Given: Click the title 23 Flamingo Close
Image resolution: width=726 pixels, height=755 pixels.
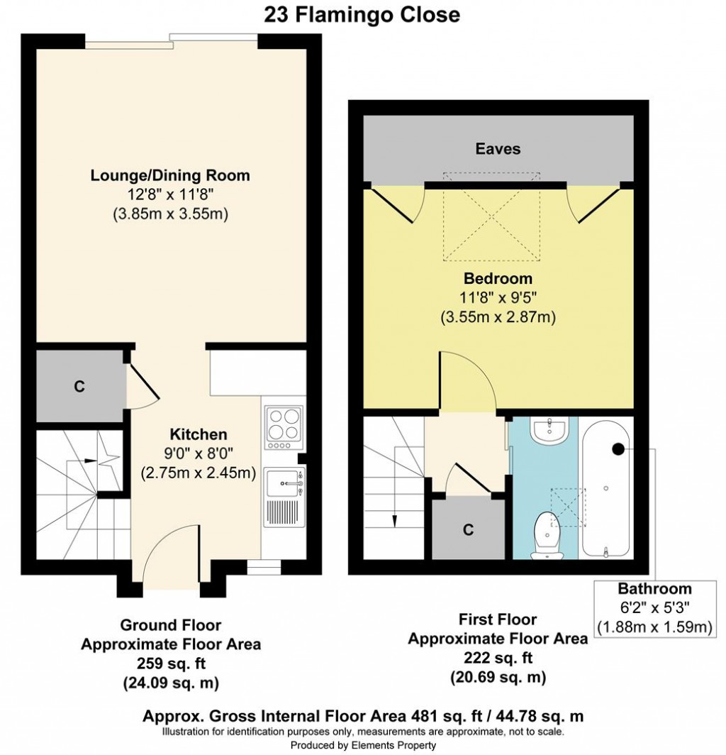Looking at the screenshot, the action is pos(362,14).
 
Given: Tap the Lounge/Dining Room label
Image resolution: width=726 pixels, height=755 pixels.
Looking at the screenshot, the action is pos(170,175).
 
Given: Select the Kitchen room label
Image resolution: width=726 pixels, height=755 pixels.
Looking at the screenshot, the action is pos(199,434).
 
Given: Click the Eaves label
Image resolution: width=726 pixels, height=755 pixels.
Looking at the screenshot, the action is pos(498,149).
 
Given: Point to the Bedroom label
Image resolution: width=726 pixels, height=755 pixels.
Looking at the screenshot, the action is pos(498,278).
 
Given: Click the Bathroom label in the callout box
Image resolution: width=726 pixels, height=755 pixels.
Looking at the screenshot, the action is pos(655,588).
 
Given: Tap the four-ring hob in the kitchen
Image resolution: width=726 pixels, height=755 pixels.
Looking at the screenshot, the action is pos(284,428).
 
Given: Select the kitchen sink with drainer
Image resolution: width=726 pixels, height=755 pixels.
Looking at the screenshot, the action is pos(284,498).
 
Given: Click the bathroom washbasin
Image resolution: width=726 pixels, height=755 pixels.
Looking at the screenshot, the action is pos(549,430).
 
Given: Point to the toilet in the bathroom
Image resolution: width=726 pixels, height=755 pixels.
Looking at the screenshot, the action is pos(547,536).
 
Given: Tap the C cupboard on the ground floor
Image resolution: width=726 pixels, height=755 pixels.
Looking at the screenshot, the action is pos(80,386).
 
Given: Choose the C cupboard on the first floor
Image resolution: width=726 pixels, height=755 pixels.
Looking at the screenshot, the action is pos(468,529).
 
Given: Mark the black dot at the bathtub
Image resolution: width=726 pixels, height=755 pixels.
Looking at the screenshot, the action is pos(618,448).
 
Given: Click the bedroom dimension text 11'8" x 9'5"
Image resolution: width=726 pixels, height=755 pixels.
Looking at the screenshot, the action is pos(498,297).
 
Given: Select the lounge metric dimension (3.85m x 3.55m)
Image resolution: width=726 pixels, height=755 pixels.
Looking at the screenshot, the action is pos(170,214).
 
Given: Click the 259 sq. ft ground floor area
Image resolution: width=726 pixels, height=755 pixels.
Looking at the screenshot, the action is pos(172,663).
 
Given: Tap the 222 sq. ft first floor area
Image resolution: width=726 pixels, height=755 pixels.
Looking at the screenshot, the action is pos(498,658).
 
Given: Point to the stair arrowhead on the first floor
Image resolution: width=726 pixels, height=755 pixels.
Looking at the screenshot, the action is pos(394,522).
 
